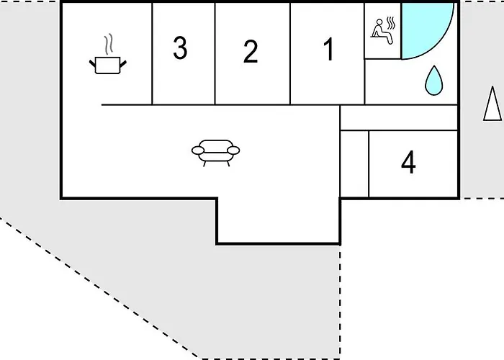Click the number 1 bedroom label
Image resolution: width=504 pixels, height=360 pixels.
pyautogui.click(x=328, y=49)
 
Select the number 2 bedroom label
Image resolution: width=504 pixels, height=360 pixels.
pyautogui.click(x=251, y=51)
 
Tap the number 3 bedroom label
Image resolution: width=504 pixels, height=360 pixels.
pyautogui.click(x=180, y=48)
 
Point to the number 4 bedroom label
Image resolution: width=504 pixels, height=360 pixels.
pyautogui.click(x=408, y=162)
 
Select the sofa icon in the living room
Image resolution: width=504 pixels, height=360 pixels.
pyautogui.click(x=216, y=153)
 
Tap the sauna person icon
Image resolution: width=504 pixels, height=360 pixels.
pyautogui.click(x=382, y=32)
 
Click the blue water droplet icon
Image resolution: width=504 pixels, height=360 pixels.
pyautogui.click(x=434, y=81)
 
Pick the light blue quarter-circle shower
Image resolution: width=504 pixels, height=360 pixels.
pyautogui.click(x=427, y=30)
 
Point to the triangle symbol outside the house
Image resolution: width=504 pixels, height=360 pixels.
pyautogui.click(x=492, y=104)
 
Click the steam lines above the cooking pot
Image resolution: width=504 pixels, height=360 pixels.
pyautogui.click(x=109, y=44)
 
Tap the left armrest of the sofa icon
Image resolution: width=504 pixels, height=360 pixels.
pyautogui.click(x=198, y=150)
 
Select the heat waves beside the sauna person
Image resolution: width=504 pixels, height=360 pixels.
pyautogui.click(x=390, y=23)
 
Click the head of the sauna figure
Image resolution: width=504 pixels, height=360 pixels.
pyautogui.click(x=379, y=22)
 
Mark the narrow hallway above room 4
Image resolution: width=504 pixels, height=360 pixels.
pyautogui.click(x=399, y=118)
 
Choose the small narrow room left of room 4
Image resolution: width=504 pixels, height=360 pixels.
pyautogui.click(x=354, y=163)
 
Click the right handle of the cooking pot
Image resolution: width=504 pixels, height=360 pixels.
pyautogui.click(x=123, y=64)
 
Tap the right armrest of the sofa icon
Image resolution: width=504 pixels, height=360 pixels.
pyautogui.click(x=233, y=150)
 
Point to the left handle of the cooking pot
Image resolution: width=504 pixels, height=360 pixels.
pyautogui.click(x=93, y=63)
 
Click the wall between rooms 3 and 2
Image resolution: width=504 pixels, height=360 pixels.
pyautogui.click(x=215, y=54)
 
